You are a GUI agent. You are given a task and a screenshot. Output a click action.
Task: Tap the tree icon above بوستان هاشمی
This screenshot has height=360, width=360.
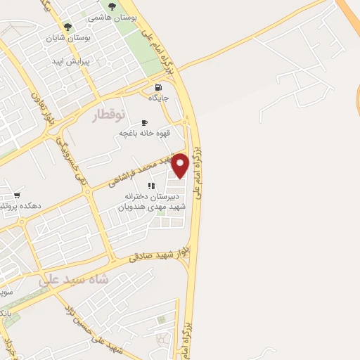pyautogui.click(x=112, y=6)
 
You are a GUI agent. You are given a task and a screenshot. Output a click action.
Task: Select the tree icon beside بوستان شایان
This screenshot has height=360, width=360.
pyautogui.click(x=67, y=27)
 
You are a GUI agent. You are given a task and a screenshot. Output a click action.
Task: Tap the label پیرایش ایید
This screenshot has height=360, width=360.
pyautogui.click(x=72, y=61)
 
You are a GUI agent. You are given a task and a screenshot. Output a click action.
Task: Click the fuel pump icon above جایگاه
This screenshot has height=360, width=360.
pyautogui.click(x=157, y=88)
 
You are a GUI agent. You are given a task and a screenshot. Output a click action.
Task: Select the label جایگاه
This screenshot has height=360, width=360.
pyautogui.click(x=158, y=98)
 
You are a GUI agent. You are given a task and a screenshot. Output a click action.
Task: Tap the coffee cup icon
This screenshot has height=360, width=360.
pyautogui.click(x=145, y=121)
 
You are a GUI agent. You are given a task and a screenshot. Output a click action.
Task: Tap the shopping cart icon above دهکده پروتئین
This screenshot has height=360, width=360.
pyautogui.click(x=16, y=195)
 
